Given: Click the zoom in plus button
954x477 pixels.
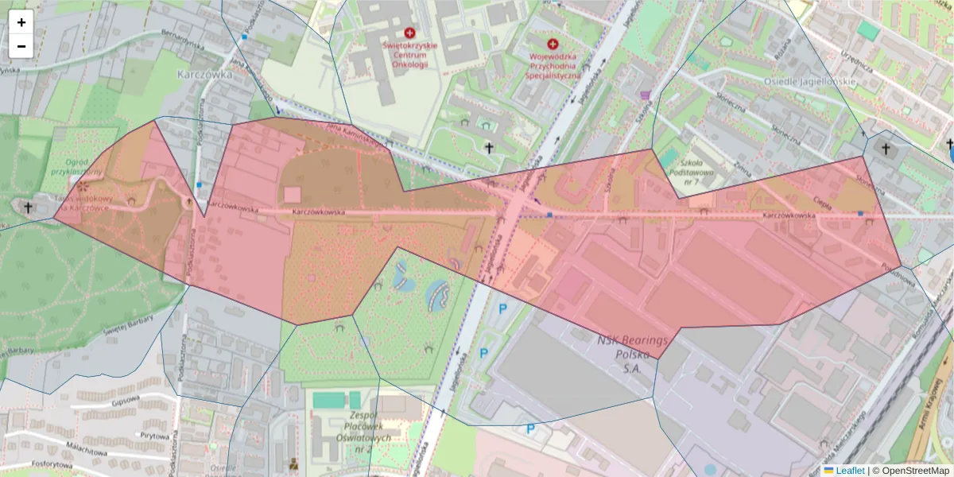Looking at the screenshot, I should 21,22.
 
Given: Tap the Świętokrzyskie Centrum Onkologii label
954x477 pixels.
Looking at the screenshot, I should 409,55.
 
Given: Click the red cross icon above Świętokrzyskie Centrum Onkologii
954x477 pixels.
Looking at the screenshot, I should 409,33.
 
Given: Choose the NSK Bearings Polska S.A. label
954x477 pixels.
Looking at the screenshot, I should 632,355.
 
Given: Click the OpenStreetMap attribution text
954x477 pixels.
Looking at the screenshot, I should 914,471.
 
